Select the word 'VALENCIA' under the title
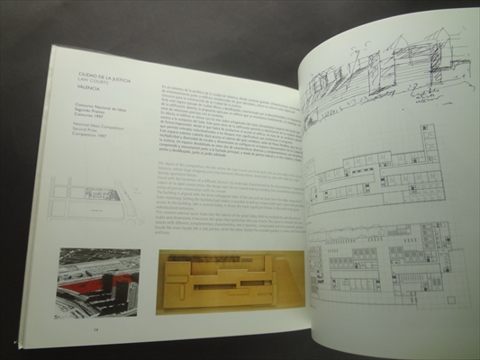(x=89, y=89)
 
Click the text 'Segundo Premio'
(x=90, y=113)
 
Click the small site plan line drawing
(x=95, y=200)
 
